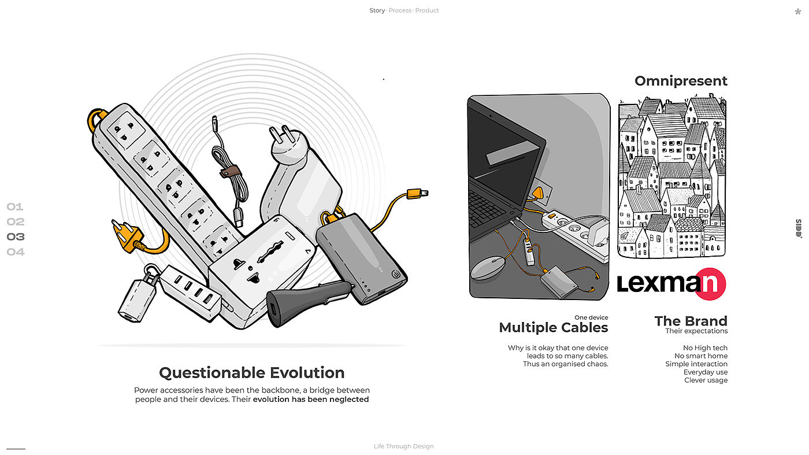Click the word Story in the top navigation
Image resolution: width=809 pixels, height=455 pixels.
click(x=377, y=10)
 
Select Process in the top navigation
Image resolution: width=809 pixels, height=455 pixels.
click(x=400, y=10)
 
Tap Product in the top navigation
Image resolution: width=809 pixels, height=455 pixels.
click(x=427, y=10)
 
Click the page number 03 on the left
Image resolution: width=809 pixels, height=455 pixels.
click(x=16, y=236)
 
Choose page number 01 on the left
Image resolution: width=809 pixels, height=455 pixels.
click(x=15, y=207)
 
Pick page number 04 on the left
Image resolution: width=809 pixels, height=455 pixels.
click(x=16, y=252)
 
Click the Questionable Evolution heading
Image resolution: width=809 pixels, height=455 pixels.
click(x=252, y=372)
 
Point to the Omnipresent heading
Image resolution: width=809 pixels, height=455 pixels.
click(x=681, y=81)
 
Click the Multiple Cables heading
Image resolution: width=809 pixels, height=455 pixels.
click(x=554, y=327)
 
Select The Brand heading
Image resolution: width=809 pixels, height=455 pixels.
click(x=691, y=321)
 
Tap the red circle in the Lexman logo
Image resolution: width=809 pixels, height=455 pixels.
click(x=710, y=284)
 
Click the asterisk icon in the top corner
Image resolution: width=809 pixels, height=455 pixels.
click(x=798, y=12)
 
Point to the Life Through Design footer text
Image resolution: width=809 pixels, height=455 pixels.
click(x=404, y=446)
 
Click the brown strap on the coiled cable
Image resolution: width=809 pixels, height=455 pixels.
click(x=230, y=171)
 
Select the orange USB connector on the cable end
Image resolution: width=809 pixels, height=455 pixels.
click(x=417, y=194)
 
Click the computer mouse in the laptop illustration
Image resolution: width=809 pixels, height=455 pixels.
click(x=488, y=268)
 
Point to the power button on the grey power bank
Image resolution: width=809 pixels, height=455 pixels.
click(x=396, y=274)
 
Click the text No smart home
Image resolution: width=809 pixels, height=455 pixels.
click(x=701, y=356)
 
